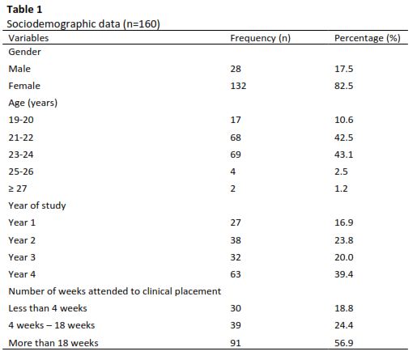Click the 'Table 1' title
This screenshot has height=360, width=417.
pos(24,10)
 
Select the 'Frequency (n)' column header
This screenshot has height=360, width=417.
pos(260,38)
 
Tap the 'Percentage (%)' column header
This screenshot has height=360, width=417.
pos(368,38)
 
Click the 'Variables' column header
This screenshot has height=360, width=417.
pos(28,38)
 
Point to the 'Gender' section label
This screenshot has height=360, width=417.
pos(24,52)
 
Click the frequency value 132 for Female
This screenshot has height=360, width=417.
pos(238,86)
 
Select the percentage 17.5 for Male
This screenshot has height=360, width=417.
pos(343,69)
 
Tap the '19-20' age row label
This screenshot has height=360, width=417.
pos(21,120)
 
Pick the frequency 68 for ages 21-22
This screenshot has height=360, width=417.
pos(236,138)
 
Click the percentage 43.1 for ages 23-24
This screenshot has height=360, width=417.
pos(343,155)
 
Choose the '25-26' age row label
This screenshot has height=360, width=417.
pos(21,172)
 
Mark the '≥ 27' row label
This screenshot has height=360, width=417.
pos(18,188)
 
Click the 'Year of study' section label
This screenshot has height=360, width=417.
pos(37,205)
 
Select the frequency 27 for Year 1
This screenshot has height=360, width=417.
pos(236,222)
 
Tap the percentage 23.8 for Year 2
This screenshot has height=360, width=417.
pos(343,240)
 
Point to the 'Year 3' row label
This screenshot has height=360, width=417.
pos(22,257)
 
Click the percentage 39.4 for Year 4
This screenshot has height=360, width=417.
pos(343,274)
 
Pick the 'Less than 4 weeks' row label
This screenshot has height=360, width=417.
pos(48,308)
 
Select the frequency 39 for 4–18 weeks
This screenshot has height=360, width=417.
pos(236,325)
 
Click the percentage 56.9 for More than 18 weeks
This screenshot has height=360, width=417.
pos(343,343)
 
